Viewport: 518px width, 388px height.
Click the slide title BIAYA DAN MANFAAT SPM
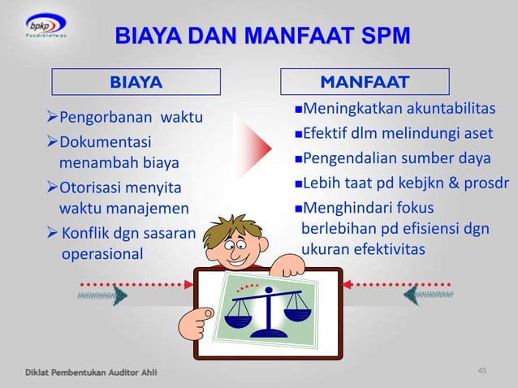pos(261,36)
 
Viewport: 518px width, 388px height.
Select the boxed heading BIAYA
pos(136,82)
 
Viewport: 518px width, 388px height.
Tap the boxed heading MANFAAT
pos(365,81)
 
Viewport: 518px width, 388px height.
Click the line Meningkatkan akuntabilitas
pos(398,110)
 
